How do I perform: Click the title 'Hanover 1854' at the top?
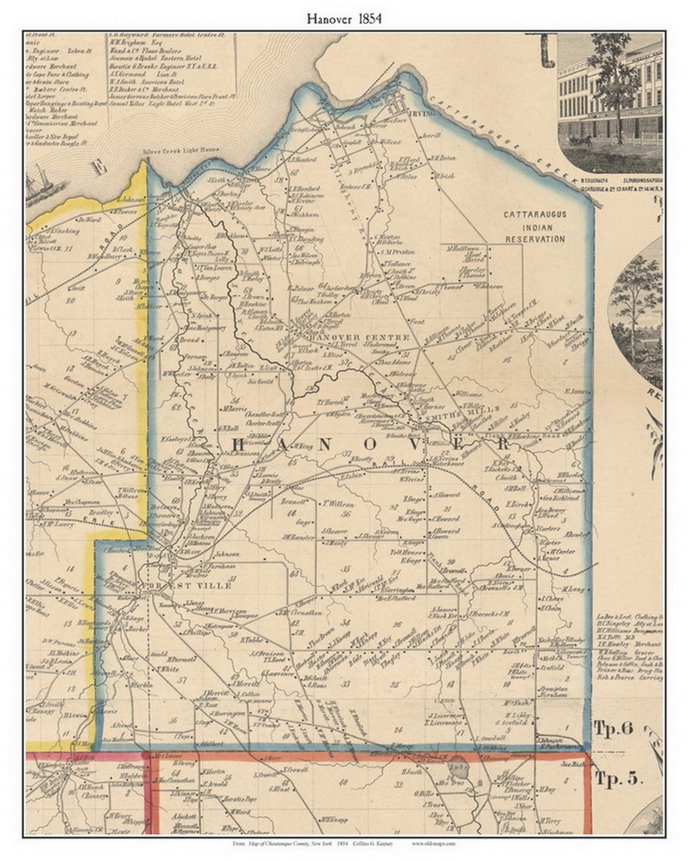[344, 19]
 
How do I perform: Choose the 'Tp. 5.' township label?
[618, 778]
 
